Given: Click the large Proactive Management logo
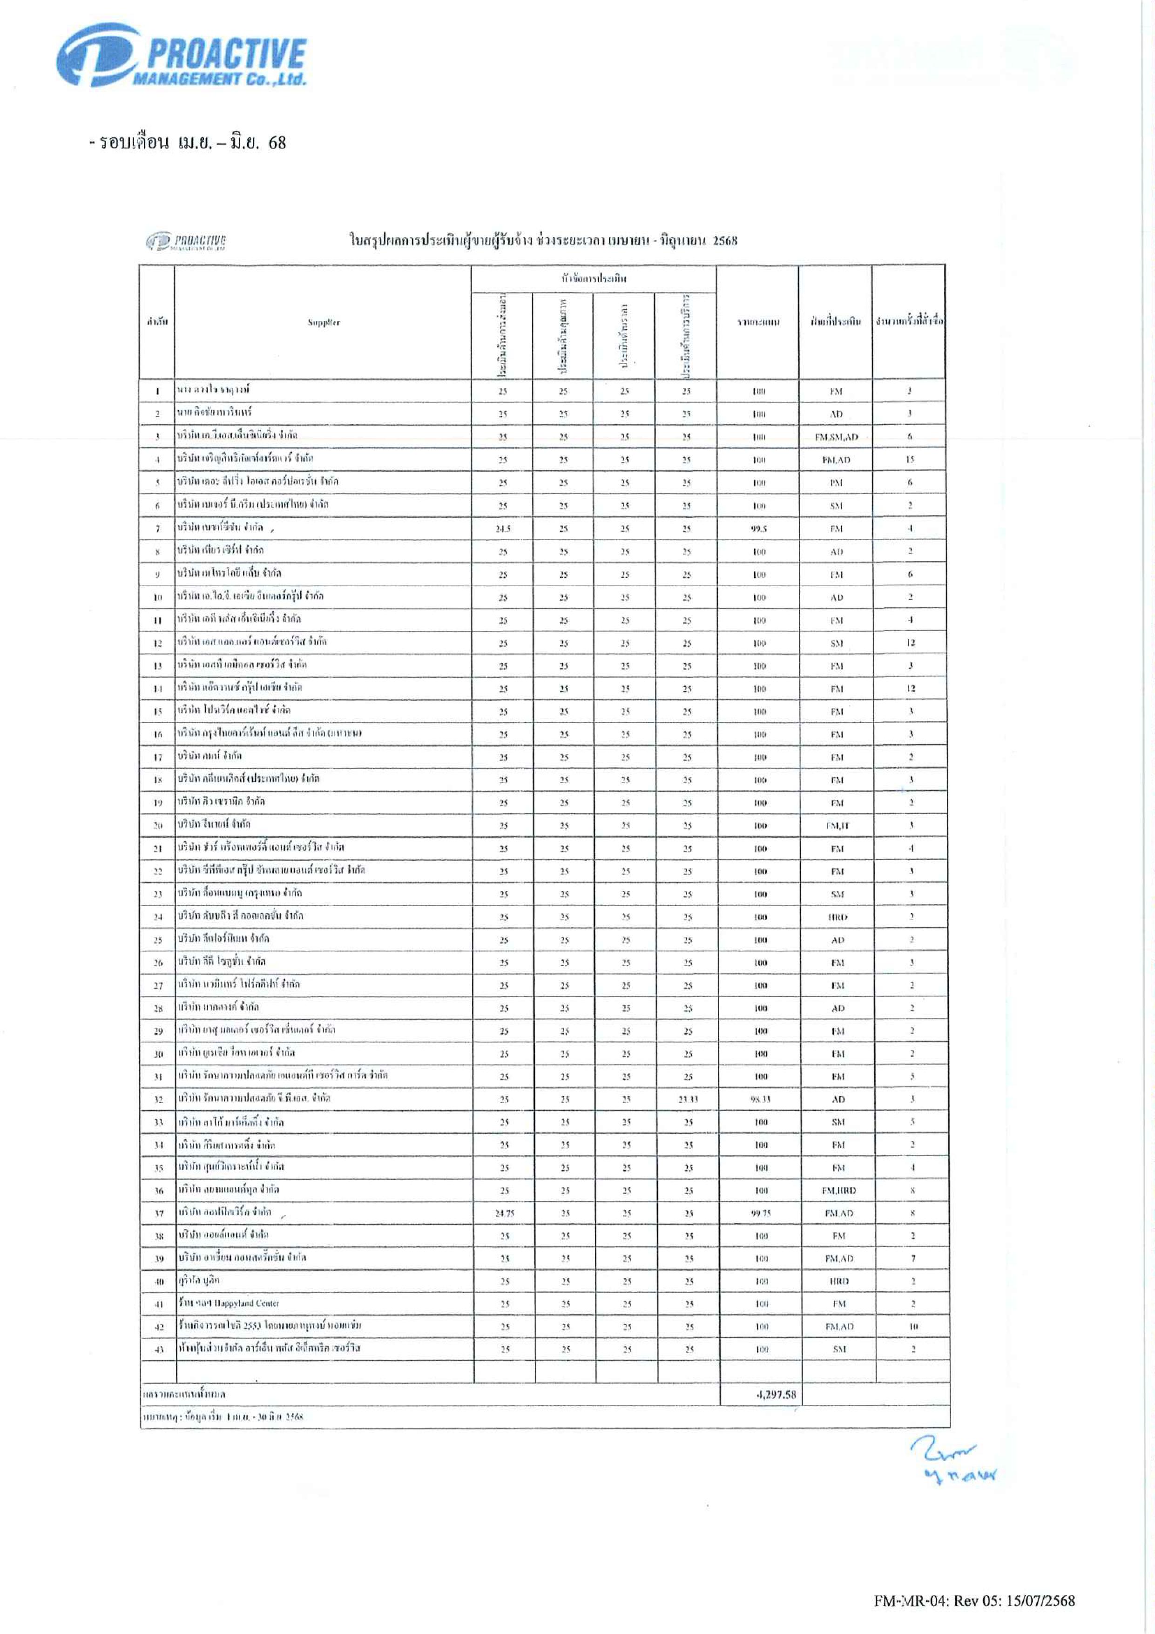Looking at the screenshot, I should click(x=182, y=55).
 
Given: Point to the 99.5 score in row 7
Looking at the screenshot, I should click(x=759, y=529).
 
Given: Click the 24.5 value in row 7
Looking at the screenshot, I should click(x=502, y=529).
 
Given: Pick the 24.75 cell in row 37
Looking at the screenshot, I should click(x=505, y=1214).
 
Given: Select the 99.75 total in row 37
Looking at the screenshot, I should click(x=761, y=1214).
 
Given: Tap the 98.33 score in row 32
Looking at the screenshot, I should click(x=760, y=1099).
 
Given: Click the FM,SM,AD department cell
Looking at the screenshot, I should click(x=836, y=437).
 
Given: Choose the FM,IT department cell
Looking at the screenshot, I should click(x=837, y=826).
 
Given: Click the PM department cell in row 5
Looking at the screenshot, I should click(x=836, y=482).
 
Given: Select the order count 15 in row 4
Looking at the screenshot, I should click(x=910, y=460).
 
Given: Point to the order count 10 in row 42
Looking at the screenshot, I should click(x=913, y=1327).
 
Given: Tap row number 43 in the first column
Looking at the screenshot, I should click(x=159, y=1350).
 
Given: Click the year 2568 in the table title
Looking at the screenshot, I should click(x=724, y=241).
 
